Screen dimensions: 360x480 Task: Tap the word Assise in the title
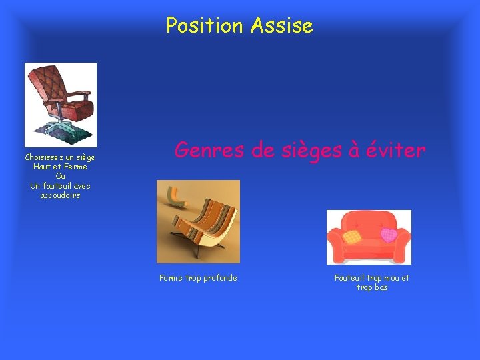[x=282, y=26]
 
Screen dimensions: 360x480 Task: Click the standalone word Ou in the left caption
[x=60, y=176]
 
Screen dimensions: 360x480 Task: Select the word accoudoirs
[x=60, y=195]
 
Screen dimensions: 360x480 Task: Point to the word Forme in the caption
[x=171, y=278]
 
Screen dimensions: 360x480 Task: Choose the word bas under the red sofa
[x=381, y=287]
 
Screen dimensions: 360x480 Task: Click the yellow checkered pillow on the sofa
[x=351, y=236]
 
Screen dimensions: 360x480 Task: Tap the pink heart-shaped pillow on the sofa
[x=388, y=234]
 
